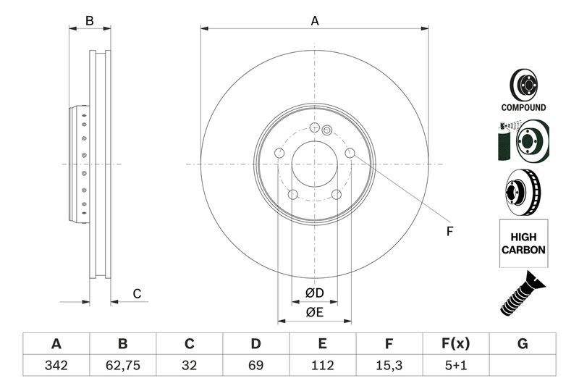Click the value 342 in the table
[56, 365]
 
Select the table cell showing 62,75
[122, 365]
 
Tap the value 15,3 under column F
[389, 365]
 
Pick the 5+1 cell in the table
[455, 365]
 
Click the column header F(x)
[455, 343]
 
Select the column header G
[522, 343]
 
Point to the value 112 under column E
[322, 365]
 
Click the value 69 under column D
[255, 365]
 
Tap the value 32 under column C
[189, 365]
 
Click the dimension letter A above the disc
[315, 21]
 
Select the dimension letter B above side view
[90, 21]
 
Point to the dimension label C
[136, 293]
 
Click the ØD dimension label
[313, 293]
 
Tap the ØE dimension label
[313, 312]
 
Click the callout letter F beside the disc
[449, 232]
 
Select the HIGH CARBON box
[523, 243]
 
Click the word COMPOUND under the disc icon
[523, 107]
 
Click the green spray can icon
[503, 143]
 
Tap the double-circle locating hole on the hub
[327, 130]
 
